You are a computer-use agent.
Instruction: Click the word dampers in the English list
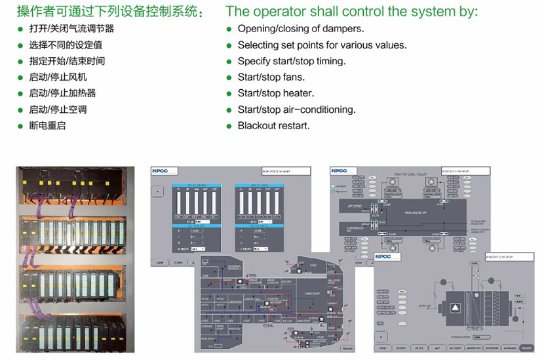pyautogui.click(x=343, y=29)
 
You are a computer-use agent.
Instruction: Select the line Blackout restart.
pyautogui.click(x=273, y=126)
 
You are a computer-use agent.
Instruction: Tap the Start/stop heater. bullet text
pyautogui.click(x=275, y=93)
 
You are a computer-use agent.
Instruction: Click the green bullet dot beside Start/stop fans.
pyautogui.click(x=229, y=77)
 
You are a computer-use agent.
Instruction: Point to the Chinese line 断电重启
pyautogui.click(x=48, y=125)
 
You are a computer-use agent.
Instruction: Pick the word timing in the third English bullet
pyautogui.click(x=330, y=61)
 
